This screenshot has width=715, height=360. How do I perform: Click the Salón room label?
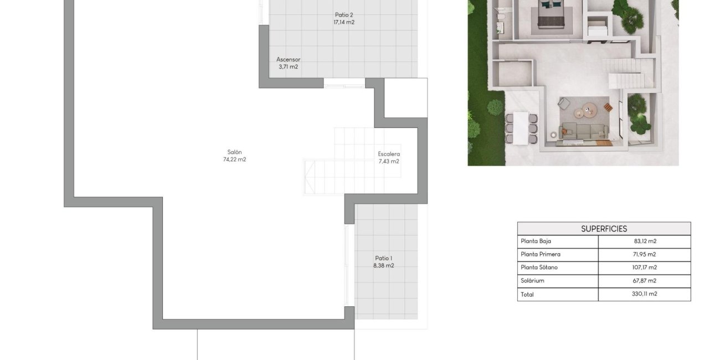coord(234,152)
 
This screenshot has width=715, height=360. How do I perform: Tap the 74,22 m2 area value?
coord(234,160)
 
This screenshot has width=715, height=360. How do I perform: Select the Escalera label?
coord(389,154)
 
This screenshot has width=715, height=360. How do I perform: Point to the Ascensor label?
coord(288,59)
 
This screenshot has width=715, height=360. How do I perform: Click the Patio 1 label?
coord(383,258)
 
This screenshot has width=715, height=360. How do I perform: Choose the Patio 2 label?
coord(344,15)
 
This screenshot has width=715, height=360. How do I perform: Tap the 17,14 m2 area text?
coord(344,22)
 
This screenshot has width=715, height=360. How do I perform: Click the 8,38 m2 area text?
coord(383,265)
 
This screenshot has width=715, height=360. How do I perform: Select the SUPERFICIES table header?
coord(604,228)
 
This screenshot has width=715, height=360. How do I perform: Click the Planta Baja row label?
coord(536,241)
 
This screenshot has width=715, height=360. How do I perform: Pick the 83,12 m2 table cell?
coord(645,241)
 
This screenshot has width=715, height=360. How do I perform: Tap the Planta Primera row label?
coord(541,254)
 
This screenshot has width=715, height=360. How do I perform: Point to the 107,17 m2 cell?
coord(645,268)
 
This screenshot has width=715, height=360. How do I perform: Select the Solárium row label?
coord(532,281)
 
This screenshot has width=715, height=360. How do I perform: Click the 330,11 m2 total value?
coord(645,294)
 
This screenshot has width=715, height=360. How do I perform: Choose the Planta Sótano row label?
coord(539,268)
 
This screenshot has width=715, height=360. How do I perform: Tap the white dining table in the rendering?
coord(521,127)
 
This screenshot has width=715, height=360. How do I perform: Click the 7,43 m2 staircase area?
coord(389,161)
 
